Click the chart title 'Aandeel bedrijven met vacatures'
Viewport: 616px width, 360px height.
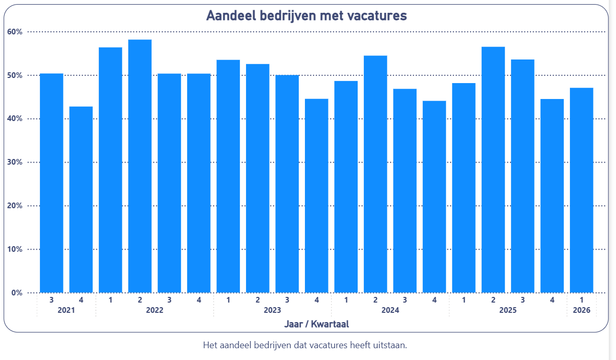pyautogui.click(x=306, y=16)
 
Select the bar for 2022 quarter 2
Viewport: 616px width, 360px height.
pyautogui.click(x=140, y=166)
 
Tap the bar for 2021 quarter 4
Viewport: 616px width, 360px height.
pyautogui.click(x=81, y=199)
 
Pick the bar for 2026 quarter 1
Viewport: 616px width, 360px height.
pyautogui.click(x=582, y=190)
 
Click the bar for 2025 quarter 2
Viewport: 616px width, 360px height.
pyautogui.click(x=493, y=170)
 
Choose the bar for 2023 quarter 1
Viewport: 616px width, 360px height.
pyautogui.click(x=228, y=176)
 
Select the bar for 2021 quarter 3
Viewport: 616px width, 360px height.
pyautogui.click(x=51, y=183)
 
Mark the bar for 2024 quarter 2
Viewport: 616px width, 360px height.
pyautogui.click(x=375, y=174)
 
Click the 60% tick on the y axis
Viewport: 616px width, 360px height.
pyautogui.click(x=15, y=32)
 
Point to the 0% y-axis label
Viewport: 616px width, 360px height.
pyautogui.click(x=17, y=293)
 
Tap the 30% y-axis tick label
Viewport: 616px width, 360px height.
pyautogui.click(x=15, y=163)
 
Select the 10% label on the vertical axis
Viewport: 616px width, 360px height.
pyautogui.click(x=15, y=249)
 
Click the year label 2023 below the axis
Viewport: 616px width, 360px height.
pyautogui.click(x=272, y=310)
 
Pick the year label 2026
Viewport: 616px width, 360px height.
pyautogui.click(x=582, y=310)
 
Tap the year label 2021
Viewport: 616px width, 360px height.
pyautogui.click(x=66, y=310)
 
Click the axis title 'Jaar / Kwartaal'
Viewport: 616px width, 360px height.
pyautogui.click(x=317, y=324)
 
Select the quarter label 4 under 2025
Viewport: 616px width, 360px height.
pyautogui.click(x=552, y=299)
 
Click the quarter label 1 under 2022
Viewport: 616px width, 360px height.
pyautogui.click(x=110, y=299)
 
